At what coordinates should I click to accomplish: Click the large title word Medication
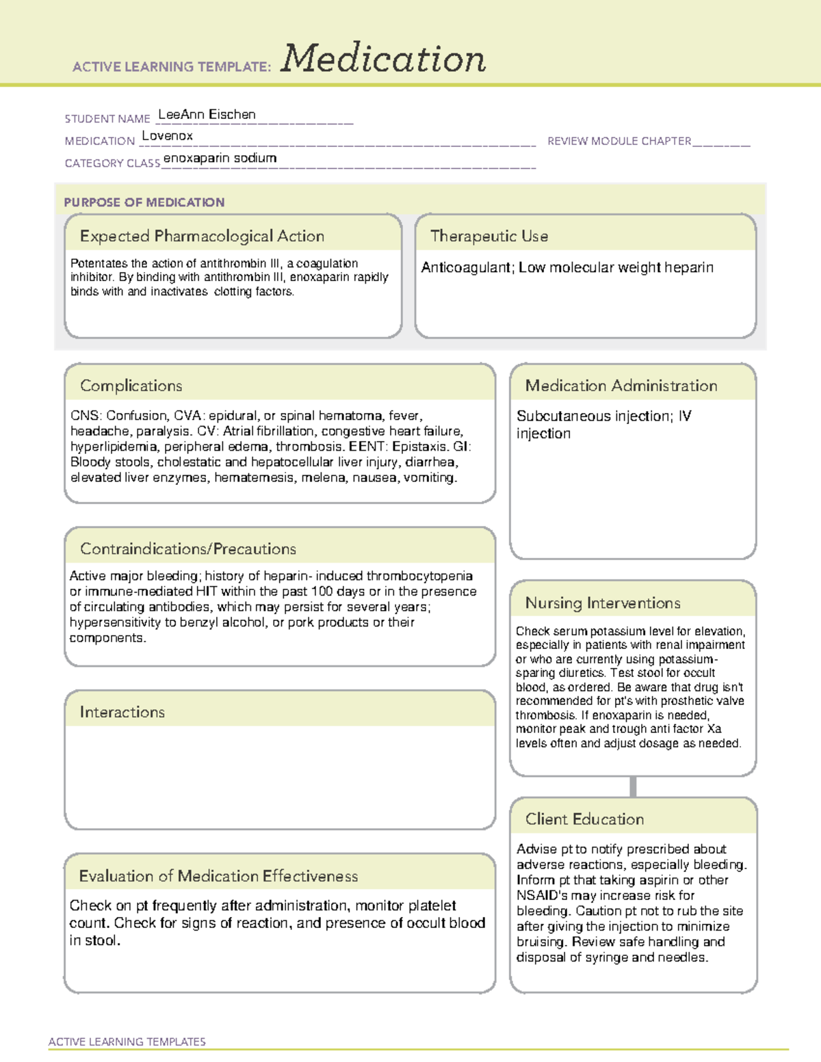click(383, 59)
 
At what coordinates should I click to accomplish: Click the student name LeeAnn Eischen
click(207, 115)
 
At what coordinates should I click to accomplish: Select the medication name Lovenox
click(167, 136)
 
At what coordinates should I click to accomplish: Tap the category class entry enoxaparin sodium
click(220, 158)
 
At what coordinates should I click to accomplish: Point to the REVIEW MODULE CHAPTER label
click(619, 141)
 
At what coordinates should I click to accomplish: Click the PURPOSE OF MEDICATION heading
click(144, 202)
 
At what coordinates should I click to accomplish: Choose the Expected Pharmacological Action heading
click(202, 236)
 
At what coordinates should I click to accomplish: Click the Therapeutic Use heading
click(488, 236)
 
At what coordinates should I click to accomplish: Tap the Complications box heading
click(131, 386)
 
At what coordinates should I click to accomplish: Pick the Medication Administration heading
click(621, 386)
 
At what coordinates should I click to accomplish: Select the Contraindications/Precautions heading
click(187, 549)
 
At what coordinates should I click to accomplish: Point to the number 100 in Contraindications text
click(322, 592)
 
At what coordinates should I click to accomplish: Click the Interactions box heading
click(122, 713)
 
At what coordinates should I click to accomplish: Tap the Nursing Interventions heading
click(602, 603)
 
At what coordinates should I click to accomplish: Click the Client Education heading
click(584, 819)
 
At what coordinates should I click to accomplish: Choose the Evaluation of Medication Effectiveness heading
click(218, 876)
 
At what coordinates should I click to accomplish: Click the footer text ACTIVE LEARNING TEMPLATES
click(127, 1041)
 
